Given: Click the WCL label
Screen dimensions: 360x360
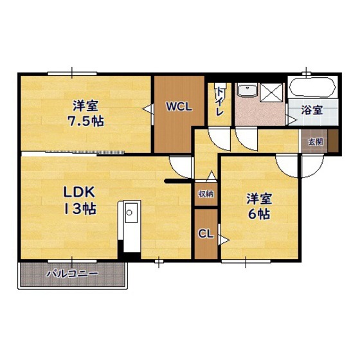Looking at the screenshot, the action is tap(179, 107).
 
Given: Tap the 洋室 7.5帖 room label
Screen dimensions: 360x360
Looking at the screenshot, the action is tap(85, 113).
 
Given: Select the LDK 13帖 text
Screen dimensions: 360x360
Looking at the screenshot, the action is tap(80, 201).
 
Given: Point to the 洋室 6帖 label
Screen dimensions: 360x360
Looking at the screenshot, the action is tap(259, 206).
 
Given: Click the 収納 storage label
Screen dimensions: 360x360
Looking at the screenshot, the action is tap(206, 194).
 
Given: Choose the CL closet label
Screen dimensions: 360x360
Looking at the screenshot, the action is tap(206, 234).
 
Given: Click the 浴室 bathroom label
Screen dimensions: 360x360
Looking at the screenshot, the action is tap(312, 110).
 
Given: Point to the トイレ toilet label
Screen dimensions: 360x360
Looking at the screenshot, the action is tap(220, 102).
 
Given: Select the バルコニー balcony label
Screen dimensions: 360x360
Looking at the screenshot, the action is tap(72, 274).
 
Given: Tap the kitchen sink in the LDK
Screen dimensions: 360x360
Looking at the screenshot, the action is tap(132, 213).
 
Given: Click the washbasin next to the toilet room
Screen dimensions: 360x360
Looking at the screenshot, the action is tap(248, 90).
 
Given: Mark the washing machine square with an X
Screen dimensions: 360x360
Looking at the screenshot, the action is tap(272, 93).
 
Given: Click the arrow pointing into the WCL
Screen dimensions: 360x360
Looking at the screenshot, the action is tap(147, 109).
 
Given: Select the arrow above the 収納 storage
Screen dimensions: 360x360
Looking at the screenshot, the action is tap(211, 175).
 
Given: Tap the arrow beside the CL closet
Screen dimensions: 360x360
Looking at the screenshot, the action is tap(224, 240).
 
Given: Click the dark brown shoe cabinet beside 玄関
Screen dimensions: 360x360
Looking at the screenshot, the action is tap(333, 141).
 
